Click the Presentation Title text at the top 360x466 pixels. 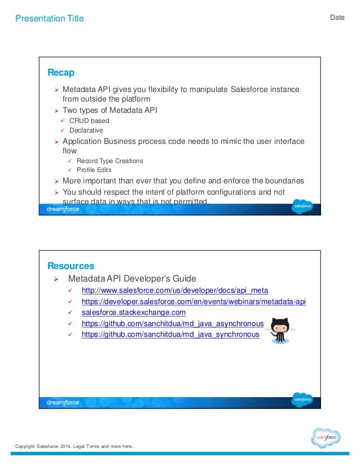pos(50,19)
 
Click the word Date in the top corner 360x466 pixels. pos(337,17)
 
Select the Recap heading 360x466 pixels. pos(61,73)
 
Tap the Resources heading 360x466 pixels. pos(71,266)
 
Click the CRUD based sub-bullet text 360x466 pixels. pos(89,121)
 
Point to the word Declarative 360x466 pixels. pos(86,130)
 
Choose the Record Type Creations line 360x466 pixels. pos(109,161)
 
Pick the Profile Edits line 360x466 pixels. pos(94,170)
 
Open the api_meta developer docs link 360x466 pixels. pos(174,291)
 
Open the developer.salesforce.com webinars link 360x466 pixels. pos(193,302)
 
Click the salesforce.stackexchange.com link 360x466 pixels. pos(133,313)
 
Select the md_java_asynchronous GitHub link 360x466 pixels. pos(173,323)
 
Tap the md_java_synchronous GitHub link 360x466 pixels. pos(170,334)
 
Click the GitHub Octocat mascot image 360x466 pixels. pos(279,329)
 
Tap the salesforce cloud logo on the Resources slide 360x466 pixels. pos(302,400)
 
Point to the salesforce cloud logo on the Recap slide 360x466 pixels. pos(302,207)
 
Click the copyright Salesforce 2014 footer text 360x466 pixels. pos(74,447)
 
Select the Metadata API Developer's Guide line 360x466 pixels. pos(132,279)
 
